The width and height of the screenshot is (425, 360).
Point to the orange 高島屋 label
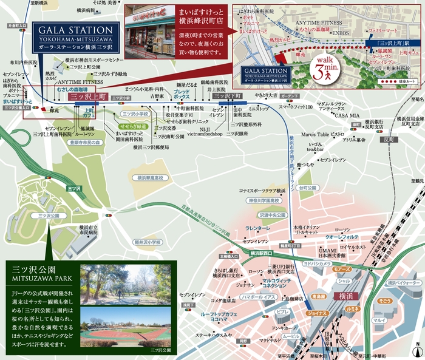pyautogui.click(x=319, y=296)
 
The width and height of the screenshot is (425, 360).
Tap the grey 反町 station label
pyautogui.click(x=389, y=139)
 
